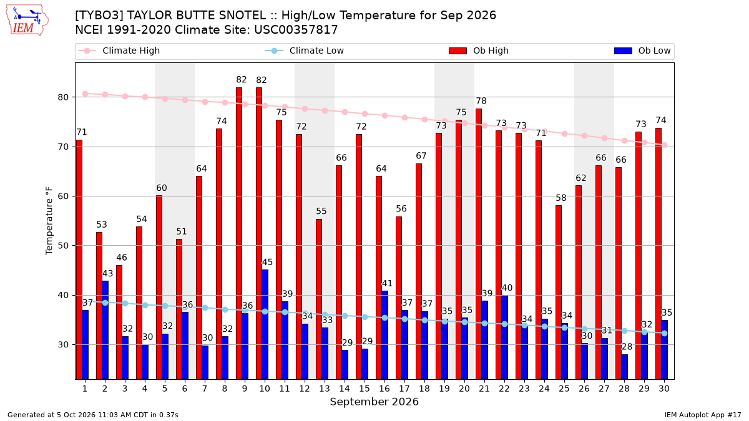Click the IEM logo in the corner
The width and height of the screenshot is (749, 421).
(27, 21)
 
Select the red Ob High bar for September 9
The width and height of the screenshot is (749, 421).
(239, 233)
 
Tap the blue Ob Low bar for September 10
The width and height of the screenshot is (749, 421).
(265, 324)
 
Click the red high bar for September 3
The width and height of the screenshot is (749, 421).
(119, 322)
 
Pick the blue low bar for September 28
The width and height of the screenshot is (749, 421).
(624, 367)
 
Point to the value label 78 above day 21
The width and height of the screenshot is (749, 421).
(481, 100)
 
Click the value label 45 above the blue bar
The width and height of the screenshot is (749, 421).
(267, 262)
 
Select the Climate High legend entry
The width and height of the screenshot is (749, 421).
(119, 51)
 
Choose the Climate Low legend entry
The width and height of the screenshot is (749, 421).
(305, 51)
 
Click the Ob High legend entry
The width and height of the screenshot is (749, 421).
(479, 51)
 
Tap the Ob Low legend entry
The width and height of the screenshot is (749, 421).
(643, 51)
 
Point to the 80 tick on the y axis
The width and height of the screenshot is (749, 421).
(63, 97)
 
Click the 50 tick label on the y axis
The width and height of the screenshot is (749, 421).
(63, 246)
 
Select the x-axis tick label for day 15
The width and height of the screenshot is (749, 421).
(365, 389)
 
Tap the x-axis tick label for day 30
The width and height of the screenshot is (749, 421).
(664, 389)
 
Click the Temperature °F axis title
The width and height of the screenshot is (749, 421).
(49, 221)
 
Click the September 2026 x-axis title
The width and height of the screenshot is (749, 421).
(374, 402)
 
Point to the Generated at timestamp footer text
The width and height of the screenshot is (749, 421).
(92, 415)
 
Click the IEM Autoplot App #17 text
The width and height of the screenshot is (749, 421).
(703, 415)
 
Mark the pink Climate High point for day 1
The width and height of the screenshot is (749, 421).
(86, 94)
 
